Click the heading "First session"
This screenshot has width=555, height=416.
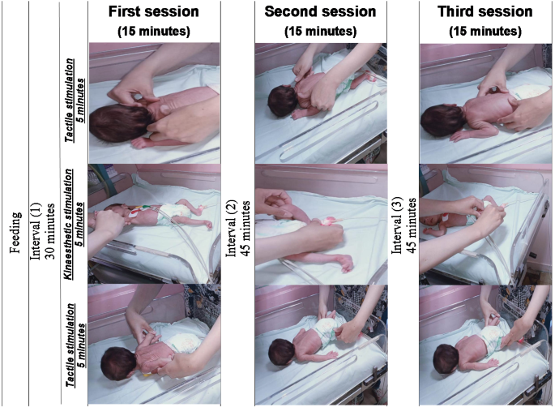(154, 11)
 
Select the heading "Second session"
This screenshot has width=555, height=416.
(320, 11)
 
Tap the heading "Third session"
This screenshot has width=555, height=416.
(485, 11)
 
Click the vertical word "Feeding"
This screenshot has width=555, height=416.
(15, 233)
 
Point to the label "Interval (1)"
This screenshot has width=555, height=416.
(36, 231)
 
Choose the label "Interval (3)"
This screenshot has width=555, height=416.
(397, 225)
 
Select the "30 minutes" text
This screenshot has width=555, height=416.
(50, 231)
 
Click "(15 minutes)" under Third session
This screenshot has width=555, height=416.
(485, 31)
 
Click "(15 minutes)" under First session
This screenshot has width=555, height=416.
(154, 31)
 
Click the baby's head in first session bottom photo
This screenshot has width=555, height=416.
(118, 364)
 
